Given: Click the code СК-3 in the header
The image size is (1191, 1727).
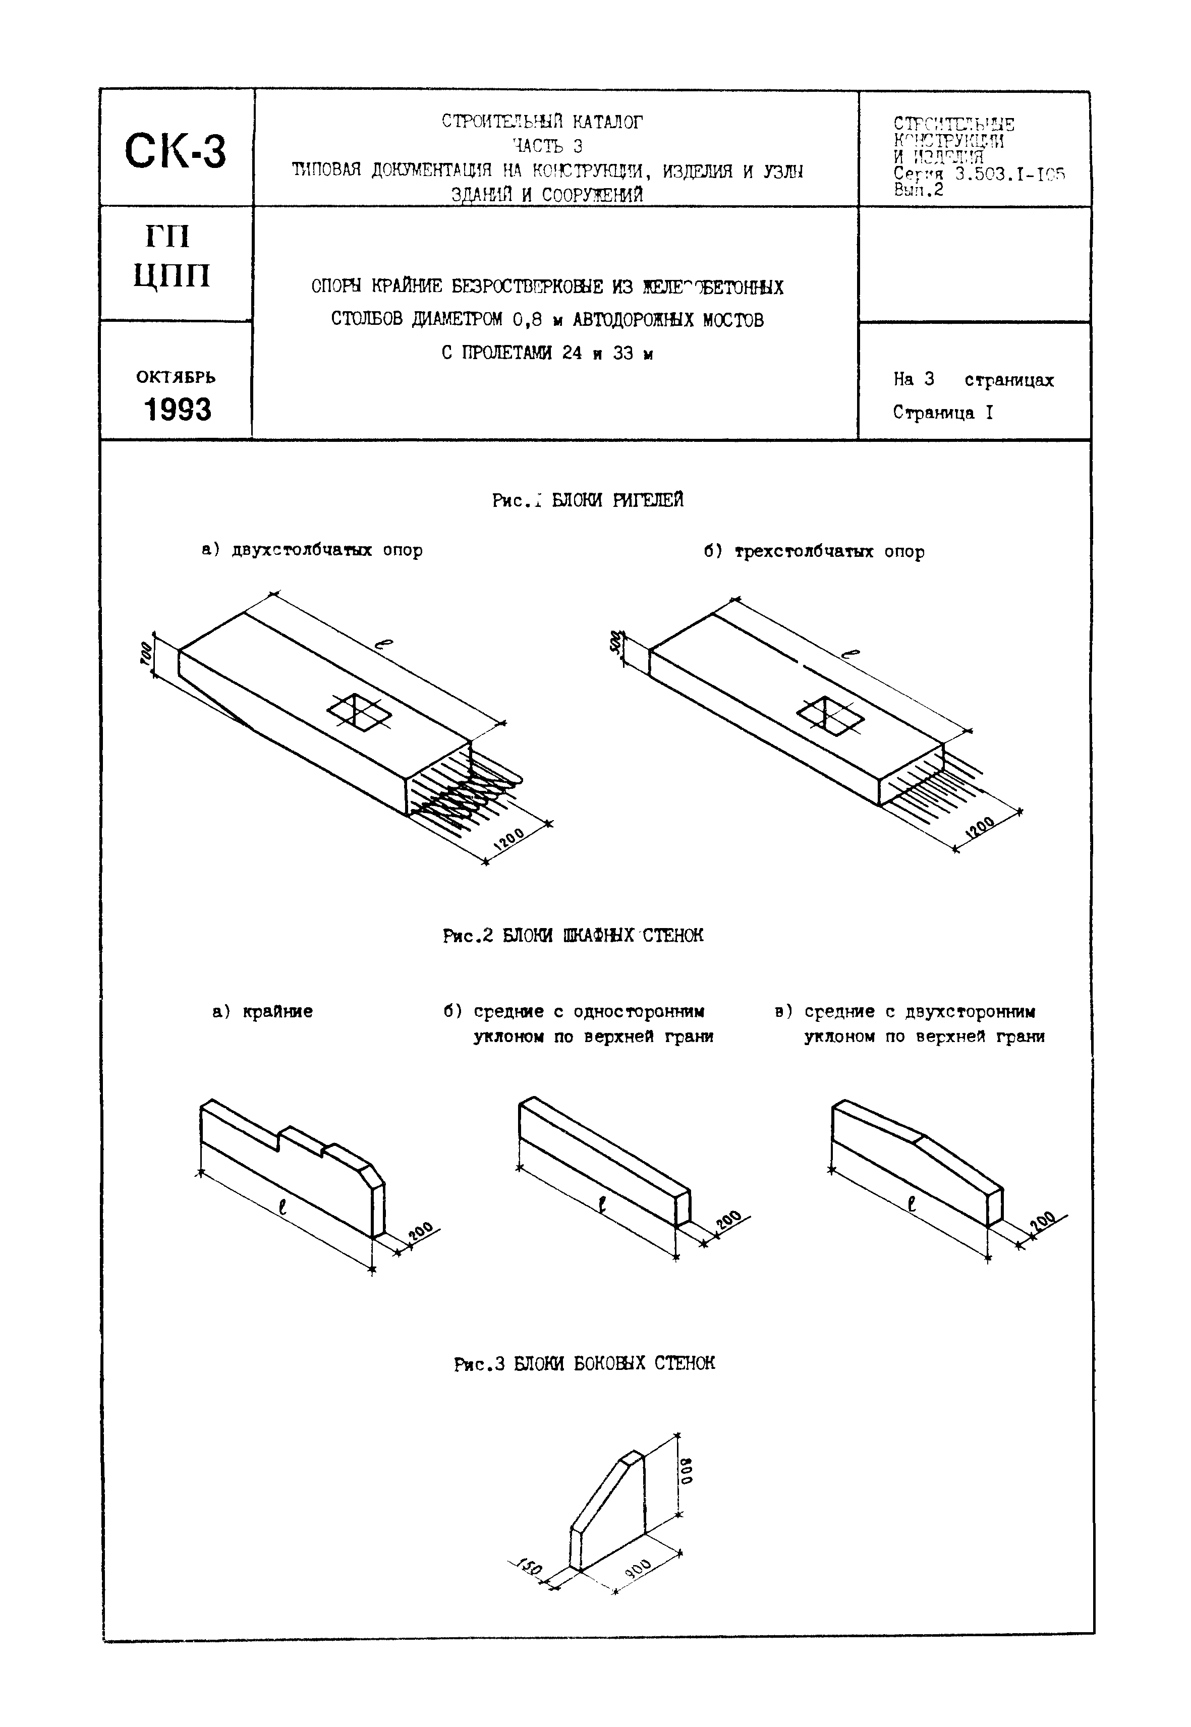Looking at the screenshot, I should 176,151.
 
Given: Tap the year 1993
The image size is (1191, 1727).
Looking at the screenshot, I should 177,410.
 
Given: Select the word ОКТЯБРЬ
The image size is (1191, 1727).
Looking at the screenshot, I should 176,377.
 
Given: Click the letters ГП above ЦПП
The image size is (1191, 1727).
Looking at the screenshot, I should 168,237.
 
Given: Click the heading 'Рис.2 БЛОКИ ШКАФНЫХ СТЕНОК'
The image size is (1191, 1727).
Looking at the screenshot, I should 573,936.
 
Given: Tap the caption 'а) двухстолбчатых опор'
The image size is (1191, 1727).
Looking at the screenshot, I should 312,551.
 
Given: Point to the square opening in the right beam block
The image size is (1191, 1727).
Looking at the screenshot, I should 830,715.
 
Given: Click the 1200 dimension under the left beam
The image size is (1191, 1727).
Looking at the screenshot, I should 511,839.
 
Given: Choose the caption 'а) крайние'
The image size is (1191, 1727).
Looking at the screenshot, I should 263,1012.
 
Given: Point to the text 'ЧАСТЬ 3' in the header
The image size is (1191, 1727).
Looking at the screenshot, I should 547,145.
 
